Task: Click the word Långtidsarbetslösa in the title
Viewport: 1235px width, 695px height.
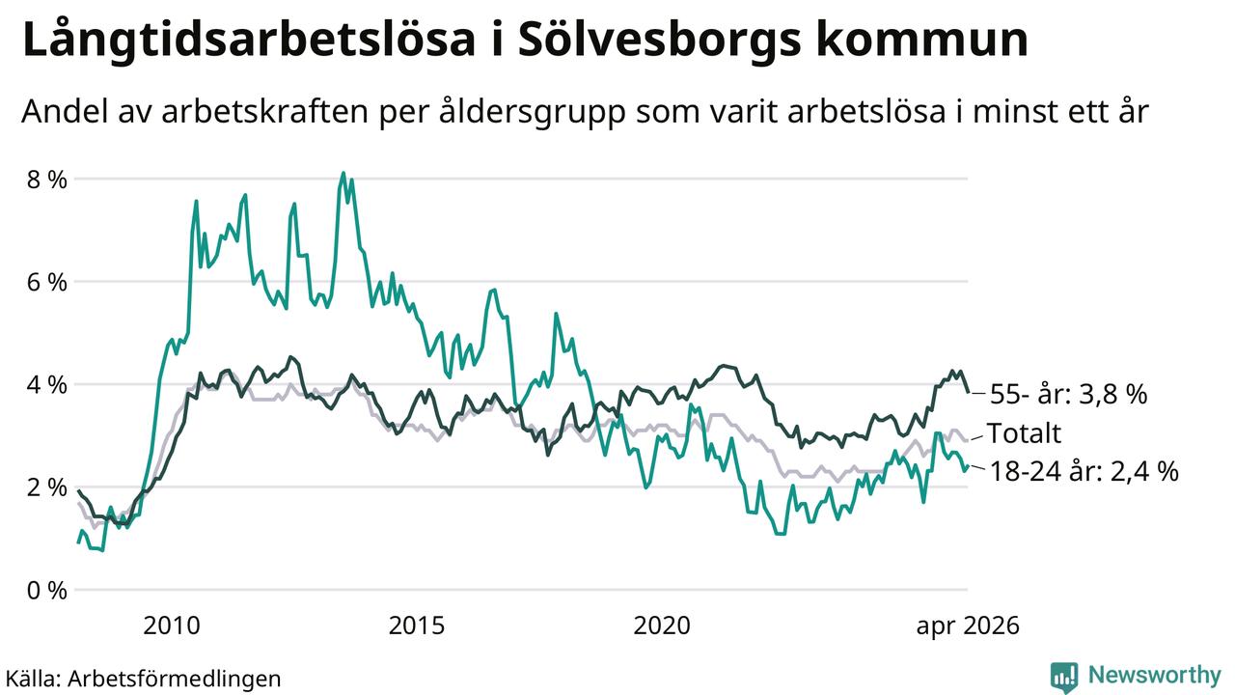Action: click(249, 40)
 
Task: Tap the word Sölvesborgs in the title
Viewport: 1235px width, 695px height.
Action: click(659, 40)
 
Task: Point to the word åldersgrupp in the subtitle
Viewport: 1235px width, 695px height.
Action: click(533, 112)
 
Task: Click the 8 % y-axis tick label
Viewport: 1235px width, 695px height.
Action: click(47, 180)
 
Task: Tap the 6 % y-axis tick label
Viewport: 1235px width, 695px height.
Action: click(47, 282)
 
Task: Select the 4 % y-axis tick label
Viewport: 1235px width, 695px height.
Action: click(47, 384)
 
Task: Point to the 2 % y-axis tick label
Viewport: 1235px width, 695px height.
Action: click(47, 487)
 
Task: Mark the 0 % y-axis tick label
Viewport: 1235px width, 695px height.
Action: click(47, 590)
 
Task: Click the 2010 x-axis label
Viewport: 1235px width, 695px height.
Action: click(172, 625)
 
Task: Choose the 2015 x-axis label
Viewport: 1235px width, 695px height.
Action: click(416, 625)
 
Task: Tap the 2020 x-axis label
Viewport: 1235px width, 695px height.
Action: click(662, 625)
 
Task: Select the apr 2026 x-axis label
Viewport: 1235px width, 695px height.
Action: click(968, 626)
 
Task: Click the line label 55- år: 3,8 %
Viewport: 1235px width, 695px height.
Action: click(1068, 395)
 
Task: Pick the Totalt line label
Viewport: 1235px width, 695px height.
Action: click(1024, 433)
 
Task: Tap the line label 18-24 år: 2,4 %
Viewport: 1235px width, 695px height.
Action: click(1084, 472)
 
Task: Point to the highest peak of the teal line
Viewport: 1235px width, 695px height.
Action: click(343, 173)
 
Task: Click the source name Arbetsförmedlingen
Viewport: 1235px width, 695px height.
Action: click(175, 679)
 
